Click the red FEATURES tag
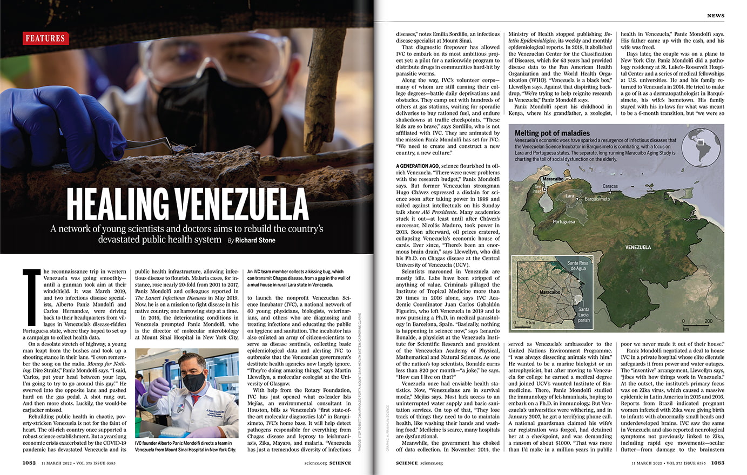pos(45,38)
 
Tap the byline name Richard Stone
pos(255,240)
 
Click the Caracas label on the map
pos(610,186)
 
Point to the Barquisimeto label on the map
pos(597,199)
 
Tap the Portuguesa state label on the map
pos(564,221)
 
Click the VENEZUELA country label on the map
pos(638,247)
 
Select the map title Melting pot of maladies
pos(552,133)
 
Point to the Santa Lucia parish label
pos(584,315)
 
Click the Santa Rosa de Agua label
pos(577,266)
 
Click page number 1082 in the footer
pos(30,463)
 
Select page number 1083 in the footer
pos(717,463)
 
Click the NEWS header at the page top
pos(716,16)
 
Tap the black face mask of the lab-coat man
pos(194,381)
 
